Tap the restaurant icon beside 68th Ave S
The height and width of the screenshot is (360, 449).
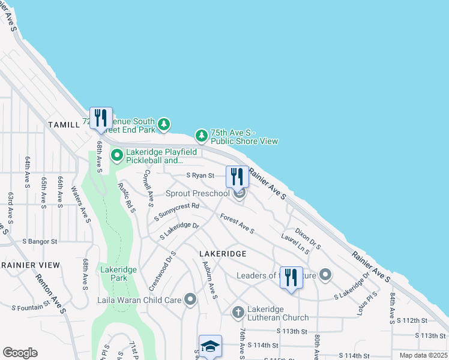(x=101, y=117)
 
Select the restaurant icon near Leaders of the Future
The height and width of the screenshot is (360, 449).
(x=291, y=277)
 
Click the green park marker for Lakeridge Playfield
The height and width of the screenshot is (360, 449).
(x=116, y=156)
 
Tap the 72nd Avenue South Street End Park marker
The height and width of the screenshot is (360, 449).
(x=163, y=125)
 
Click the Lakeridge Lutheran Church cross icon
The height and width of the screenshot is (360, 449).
(x=238, y=312)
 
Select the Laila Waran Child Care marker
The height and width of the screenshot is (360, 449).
(x=191, y=299)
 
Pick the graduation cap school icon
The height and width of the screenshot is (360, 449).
(x=210, y=346)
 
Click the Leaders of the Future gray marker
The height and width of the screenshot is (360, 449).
(x=325, y=275)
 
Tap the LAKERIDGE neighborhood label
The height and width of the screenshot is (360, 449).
(x=222, y=254)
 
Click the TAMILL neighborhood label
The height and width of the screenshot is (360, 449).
(x=64, y=125)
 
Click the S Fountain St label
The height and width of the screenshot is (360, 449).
(x=30, y=307)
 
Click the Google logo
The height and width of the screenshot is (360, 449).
(x=20, y=353)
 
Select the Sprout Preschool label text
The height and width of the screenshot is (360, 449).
(x=197, y=193)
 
